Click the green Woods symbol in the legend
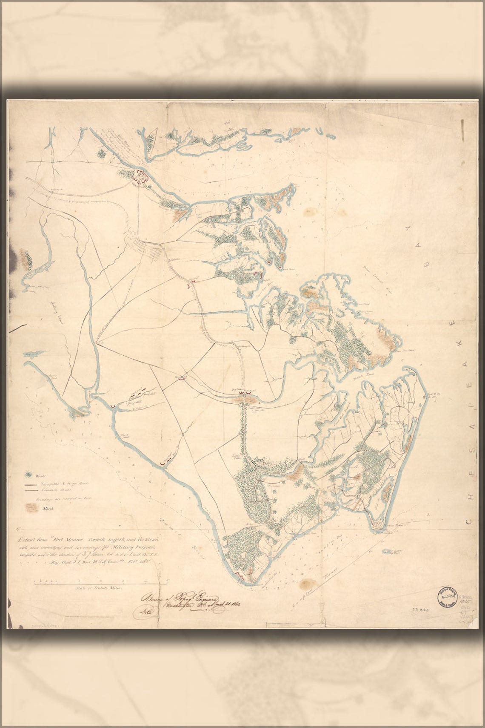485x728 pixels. pyautogui.click(x=29, y=474)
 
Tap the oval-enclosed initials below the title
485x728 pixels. pyautogui.click(x=142, y=613)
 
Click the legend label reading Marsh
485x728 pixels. pyautogui.click(x=48, y=508)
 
